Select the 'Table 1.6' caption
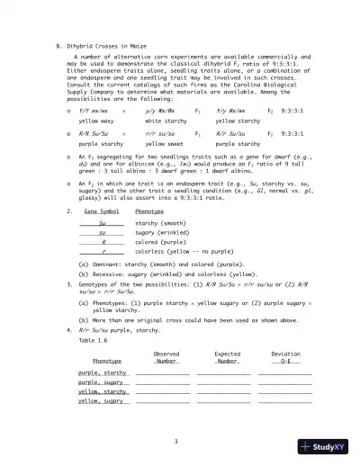pyautogui.click(x=94, y=341)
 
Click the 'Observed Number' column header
pyautogui.click(x=166, y=357)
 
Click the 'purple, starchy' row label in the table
pyautogui.click(x=102, y=372)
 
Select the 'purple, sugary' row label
pyautogui.click(x=100, y=381)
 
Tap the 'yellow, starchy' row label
pyautogui.click(x=102, y=391)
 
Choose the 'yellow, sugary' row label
pyautogui.click(x=100, y=400)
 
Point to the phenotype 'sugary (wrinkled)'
pyautogui.click(x=161, y=231)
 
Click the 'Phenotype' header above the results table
pyautogui.click(x=107, y=361)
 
